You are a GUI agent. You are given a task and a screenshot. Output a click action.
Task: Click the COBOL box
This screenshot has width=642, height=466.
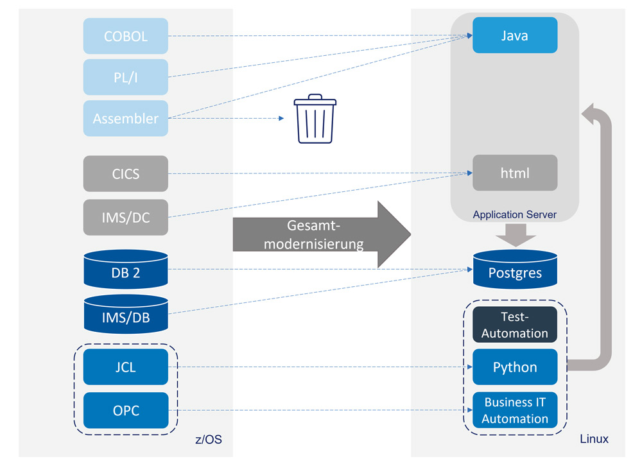[126, 36]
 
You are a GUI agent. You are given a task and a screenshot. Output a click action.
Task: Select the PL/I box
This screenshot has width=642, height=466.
[126, 77]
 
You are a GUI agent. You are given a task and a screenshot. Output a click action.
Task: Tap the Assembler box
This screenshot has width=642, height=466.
[126, 118]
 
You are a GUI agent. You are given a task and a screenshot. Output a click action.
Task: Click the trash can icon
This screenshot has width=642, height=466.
[315, 119]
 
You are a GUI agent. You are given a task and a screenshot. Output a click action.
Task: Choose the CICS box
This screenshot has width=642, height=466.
[126, 173]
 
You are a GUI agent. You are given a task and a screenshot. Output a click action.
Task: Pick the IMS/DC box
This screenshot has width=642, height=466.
[126, 217]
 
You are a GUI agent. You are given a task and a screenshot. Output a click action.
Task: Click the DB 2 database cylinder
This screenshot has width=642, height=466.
[126, 270]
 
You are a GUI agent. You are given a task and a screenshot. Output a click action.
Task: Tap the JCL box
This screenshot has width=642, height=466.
[126, 367]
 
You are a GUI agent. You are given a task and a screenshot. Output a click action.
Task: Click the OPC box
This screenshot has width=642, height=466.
[126, 410]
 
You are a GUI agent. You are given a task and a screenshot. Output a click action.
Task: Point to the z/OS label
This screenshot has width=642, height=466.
[208, 440]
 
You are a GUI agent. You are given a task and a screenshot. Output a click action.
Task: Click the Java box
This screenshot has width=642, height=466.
[515, 35]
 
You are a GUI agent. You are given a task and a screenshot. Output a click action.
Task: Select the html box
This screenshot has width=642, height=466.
[515, 173]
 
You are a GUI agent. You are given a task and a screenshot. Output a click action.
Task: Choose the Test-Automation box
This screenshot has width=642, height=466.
[515, 325]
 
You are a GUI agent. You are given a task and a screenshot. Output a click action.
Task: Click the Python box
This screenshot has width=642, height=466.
[515, 367]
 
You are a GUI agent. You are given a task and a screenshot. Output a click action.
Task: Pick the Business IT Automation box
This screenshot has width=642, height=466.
[515, 410]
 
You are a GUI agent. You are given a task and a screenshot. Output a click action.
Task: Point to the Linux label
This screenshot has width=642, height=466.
[594, 440]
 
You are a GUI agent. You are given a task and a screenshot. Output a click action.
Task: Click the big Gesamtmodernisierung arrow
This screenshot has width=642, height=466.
[321, 235]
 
